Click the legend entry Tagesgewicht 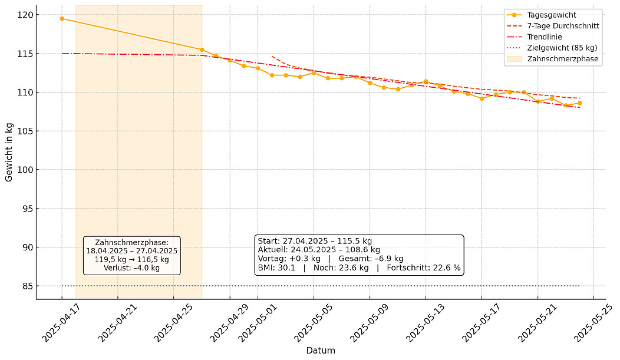point(552,15)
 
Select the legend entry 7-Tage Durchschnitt point(562,26)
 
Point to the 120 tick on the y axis point(27,14)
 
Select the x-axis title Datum point(321,351)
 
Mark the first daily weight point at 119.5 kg point(62,18)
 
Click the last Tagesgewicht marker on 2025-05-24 point(579,103)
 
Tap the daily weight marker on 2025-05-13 point(426,81)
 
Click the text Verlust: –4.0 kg point(131,267)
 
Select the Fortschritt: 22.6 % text point(423,267)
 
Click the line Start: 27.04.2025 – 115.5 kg point(315,241)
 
